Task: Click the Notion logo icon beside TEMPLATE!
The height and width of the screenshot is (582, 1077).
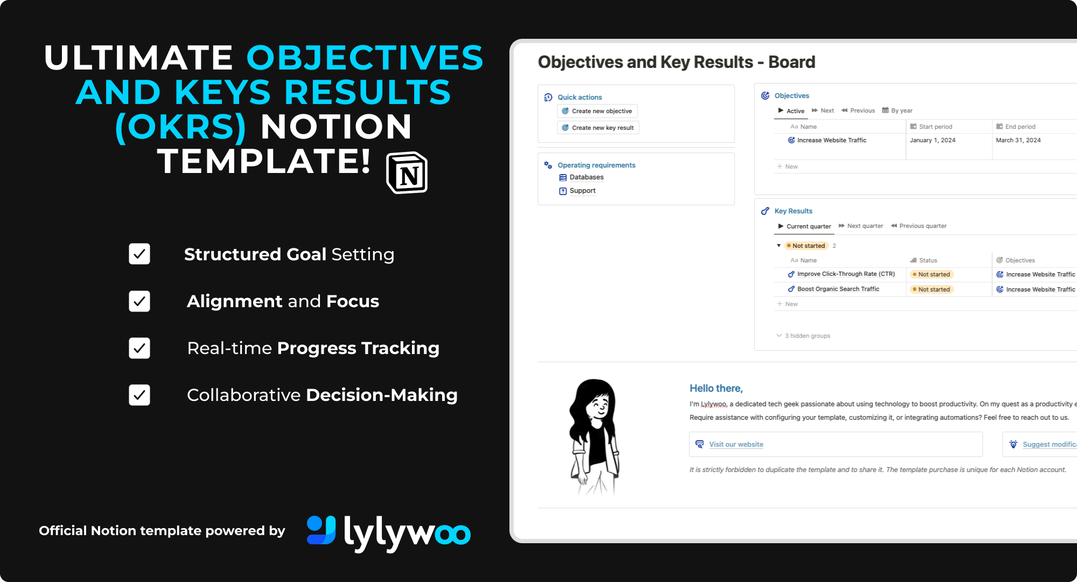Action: point(407,173)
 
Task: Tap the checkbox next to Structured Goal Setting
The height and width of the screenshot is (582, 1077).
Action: point(139,254)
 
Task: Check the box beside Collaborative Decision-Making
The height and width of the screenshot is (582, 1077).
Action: point(139,395)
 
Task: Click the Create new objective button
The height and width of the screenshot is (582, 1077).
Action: point(597,111)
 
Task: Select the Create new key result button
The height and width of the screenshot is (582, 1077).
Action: point(598,128)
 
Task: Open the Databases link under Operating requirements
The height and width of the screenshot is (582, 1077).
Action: point(582,177)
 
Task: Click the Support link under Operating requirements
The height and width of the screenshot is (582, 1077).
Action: point(577,191)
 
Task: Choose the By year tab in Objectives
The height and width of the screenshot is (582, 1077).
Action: point(897,110)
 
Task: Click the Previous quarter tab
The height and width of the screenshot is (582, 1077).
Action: point(919,226)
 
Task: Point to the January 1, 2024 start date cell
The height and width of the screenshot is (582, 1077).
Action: point(933,140)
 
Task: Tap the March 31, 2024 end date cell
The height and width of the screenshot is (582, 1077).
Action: point(1018,140)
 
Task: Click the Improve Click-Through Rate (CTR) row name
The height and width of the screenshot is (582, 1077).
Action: point(846,274)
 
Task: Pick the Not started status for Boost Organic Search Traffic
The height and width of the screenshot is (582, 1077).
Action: point(932,289)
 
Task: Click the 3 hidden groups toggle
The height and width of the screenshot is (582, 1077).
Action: point(803,336)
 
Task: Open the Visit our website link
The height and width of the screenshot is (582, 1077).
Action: point(736,445)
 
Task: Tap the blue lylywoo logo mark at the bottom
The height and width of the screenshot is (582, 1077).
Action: point(321,530)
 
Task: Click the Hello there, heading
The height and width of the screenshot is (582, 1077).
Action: point(716,389)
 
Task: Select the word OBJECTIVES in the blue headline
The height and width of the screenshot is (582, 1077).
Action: point(365,58)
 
